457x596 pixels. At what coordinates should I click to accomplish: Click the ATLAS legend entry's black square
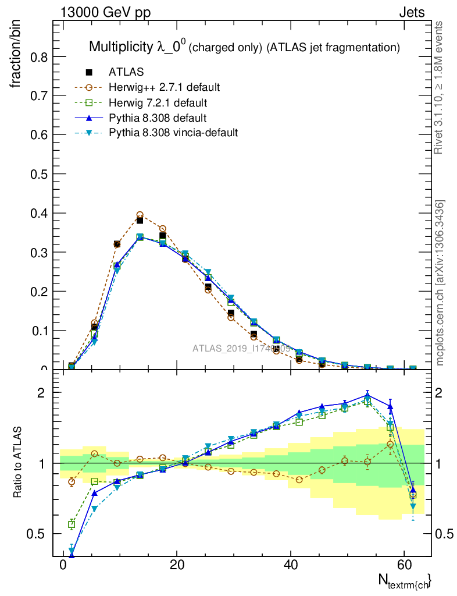tap(90, 72)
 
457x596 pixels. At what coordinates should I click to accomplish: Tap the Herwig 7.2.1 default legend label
tap(158, 103)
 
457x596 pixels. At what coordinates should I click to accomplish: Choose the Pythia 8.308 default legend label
tap(158, 118)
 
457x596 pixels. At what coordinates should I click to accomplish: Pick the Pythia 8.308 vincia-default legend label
tap(173, 133)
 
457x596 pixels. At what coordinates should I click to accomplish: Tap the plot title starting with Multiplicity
tap(244, 47)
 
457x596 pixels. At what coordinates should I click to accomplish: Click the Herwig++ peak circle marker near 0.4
tap(140, 215)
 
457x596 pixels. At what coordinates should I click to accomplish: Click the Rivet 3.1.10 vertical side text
tap(439, 87)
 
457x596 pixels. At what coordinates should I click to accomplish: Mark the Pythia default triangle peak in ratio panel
tap(367, 395)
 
